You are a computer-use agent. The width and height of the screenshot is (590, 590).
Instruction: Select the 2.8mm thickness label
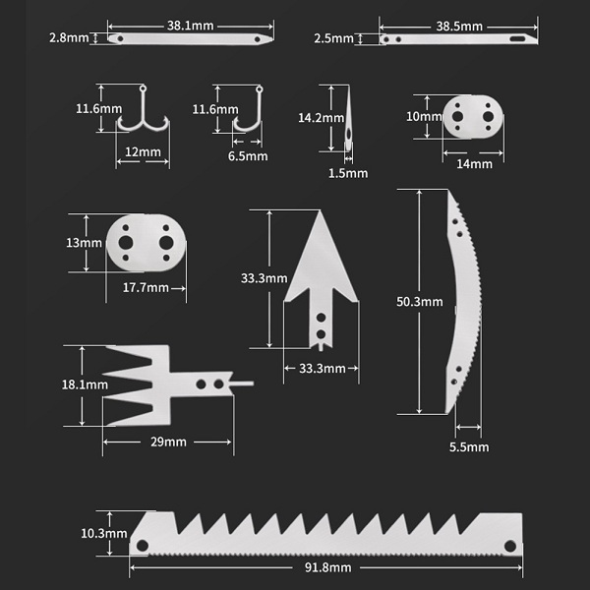tap(72, 38)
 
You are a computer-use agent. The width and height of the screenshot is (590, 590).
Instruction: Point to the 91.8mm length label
tap(328, 568)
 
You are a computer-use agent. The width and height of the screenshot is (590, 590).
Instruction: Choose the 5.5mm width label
tap(468, 447)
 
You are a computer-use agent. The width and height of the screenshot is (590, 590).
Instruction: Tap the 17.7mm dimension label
tap(145, 288)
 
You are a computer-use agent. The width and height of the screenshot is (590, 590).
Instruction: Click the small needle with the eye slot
tap(348, 123)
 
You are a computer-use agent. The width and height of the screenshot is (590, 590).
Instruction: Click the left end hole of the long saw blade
tap(143, 545)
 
